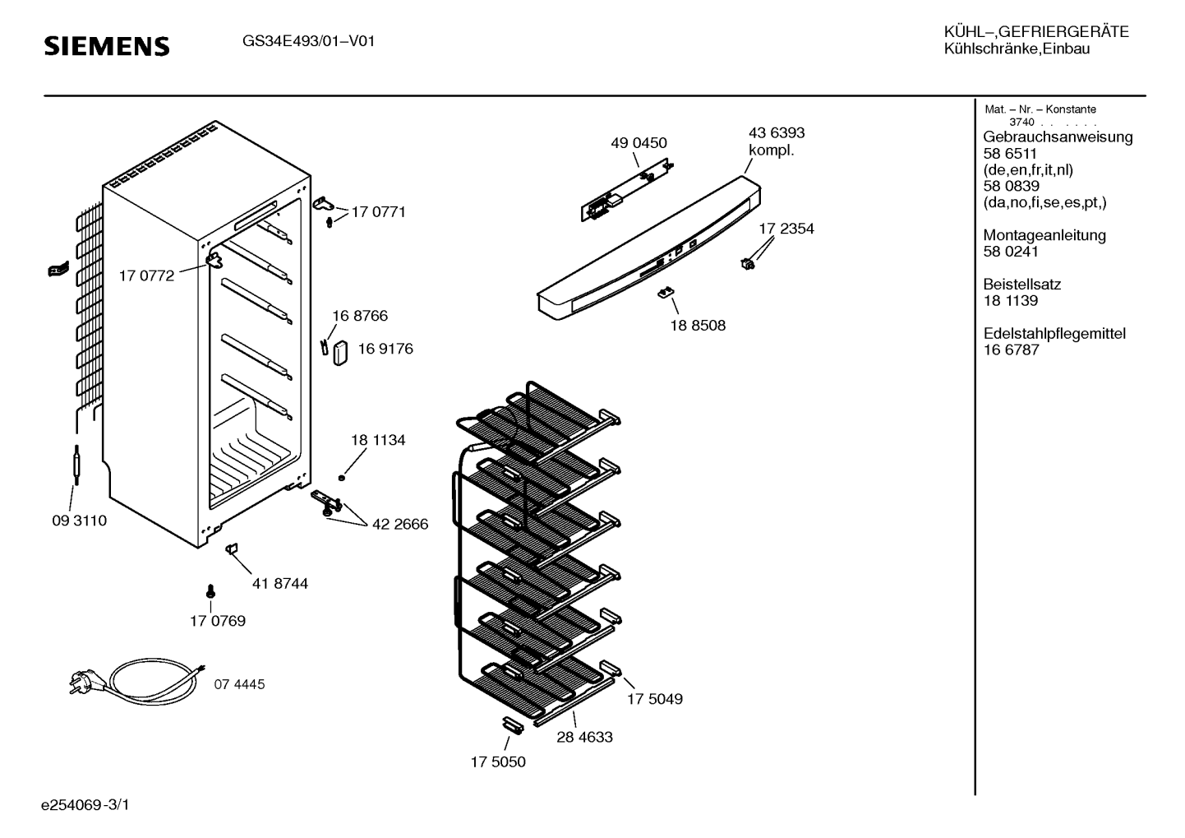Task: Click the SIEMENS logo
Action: [x=107, y=46]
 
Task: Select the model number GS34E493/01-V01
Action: [x=308, y=41]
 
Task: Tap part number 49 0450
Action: [x=639, y=143]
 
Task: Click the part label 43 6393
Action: [x=777, y=132]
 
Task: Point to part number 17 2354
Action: [x=786, y=229]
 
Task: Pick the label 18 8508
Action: [x=698, y=325]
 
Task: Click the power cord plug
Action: [x=83, y=681]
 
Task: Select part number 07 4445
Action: [x=239, y=684]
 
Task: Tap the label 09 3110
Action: [x=80, y=521]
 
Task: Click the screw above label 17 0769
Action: [x=210, y=591]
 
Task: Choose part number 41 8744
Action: [x=280, y=583]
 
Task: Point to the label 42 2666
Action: [x=400, y=524]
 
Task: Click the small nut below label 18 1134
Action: [x=342, y=478]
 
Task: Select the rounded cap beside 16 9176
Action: [x=340, y=353]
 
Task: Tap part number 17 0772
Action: [x=146, y=275]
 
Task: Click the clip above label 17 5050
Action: [x=513, y=726]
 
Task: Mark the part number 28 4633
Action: [x=584, y=737]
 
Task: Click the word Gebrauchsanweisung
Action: [x=1058, y=137]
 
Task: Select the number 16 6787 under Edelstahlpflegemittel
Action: [x=1012, y=350]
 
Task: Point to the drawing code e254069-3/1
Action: [x=85, y=805]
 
